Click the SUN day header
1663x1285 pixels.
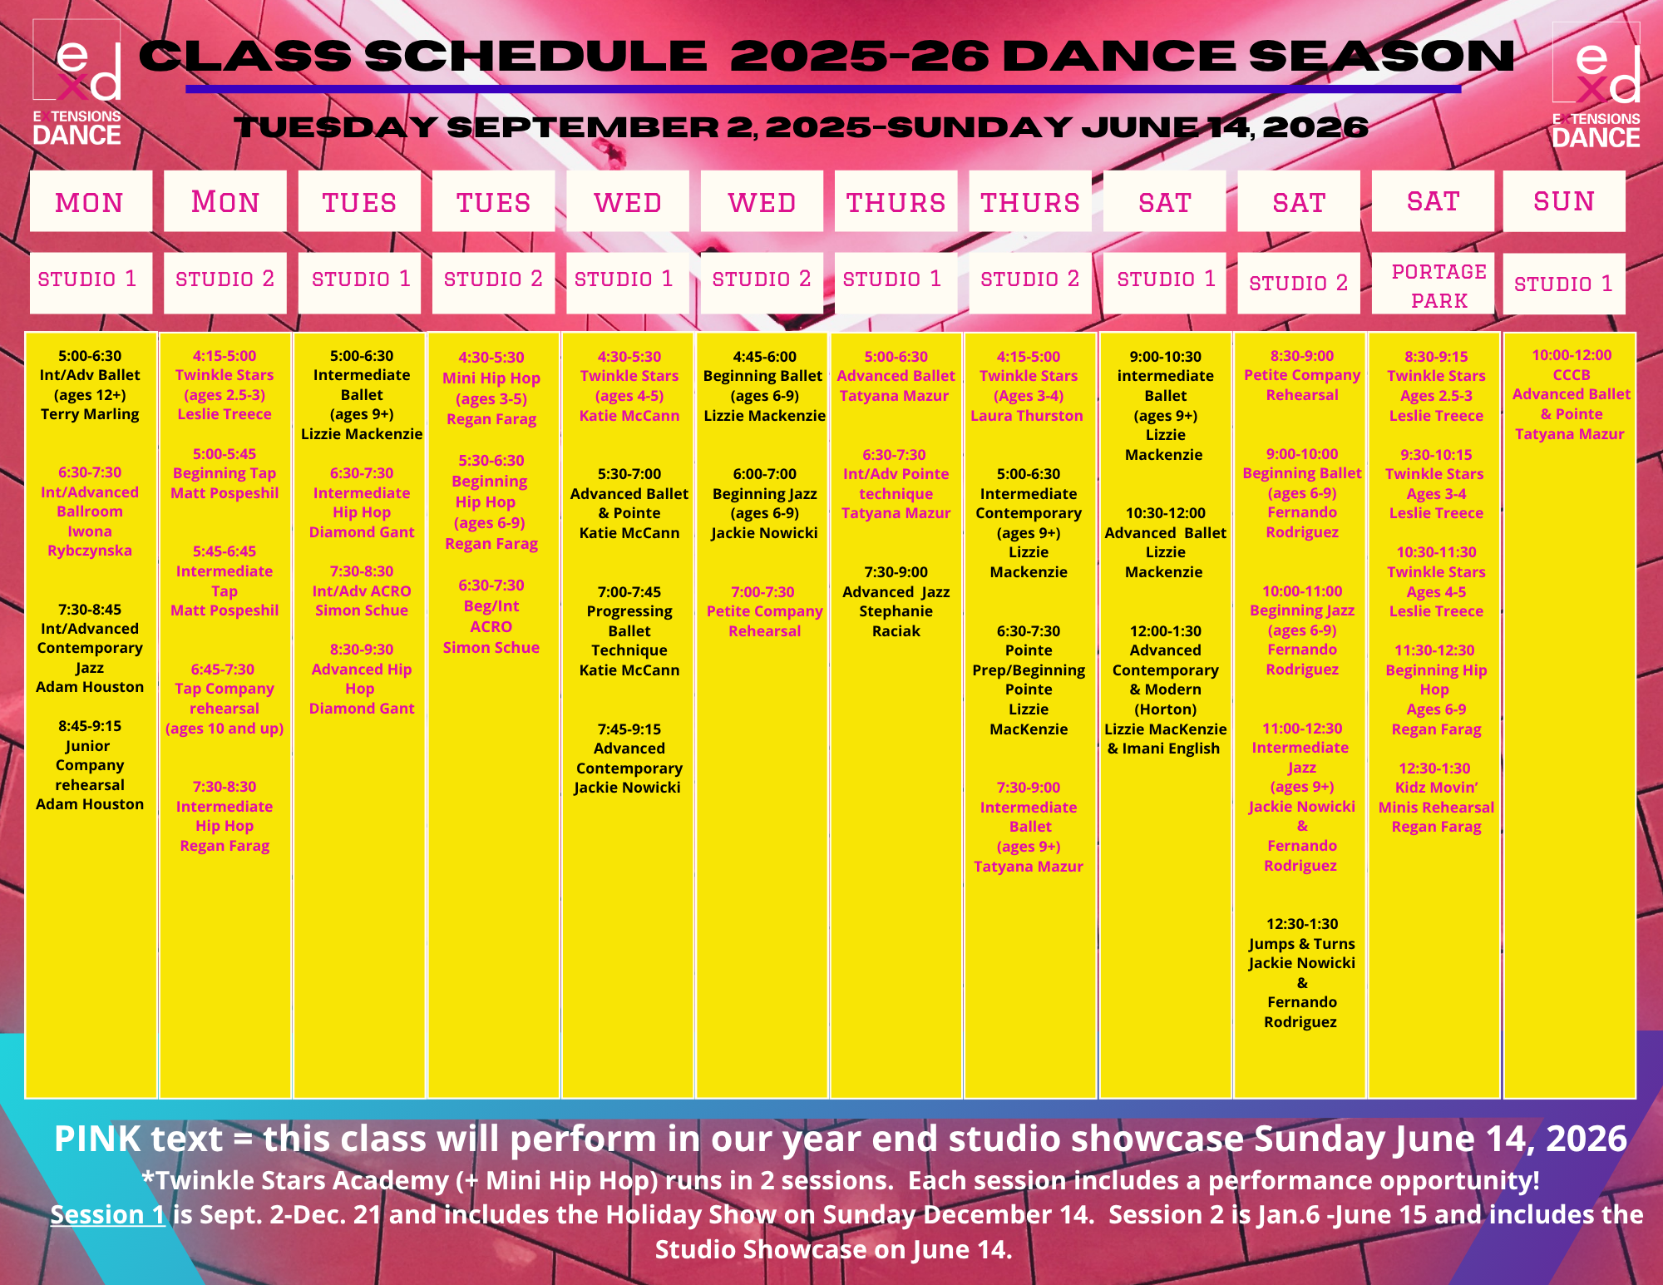coord(1564,201)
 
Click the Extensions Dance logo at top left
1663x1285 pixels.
coord(77,83)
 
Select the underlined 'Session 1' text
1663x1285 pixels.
coord(108,1214)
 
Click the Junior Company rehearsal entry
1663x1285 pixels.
coord(90,765)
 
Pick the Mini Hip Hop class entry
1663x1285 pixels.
coord(491,388)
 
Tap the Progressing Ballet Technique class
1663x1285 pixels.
coord(629,631)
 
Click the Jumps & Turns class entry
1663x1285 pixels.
coord(1302,973)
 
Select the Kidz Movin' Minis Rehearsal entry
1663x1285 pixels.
coord(1436,798)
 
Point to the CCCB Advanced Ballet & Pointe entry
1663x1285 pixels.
coord(1571,394)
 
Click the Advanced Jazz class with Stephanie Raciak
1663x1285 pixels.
coord(896,601)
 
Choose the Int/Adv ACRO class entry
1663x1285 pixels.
coord(362,591)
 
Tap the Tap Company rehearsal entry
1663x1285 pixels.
coord(225,699)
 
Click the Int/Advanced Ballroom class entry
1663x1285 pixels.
coord(90,512)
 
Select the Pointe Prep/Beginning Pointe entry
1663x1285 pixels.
coord(1029,680)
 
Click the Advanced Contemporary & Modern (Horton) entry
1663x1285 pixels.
coord(1165,689)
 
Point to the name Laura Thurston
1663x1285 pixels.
coord(1027,416)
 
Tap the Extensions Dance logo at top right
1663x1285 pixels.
coord(1596,85)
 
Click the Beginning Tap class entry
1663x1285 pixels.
coord(225,473)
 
